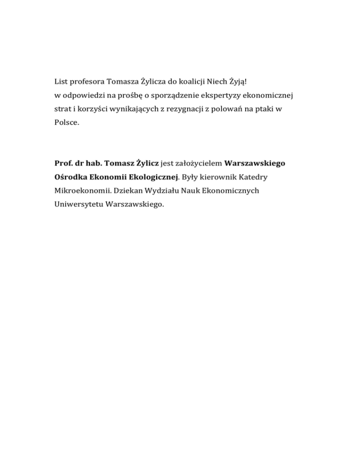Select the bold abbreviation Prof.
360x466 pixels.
[63, 164]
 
